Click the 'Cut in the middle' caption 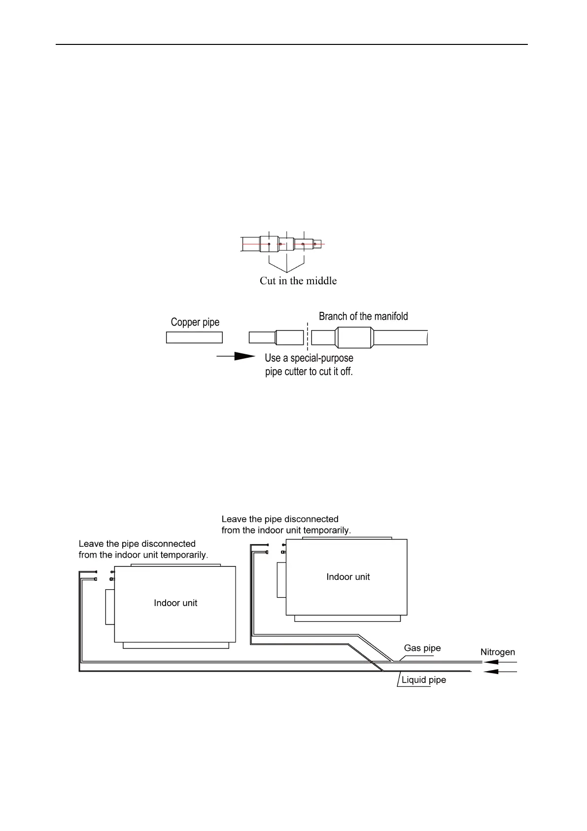coord(298,281)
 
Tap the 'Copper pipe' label coord(195,322)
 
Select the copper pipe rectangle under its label coord(194,338)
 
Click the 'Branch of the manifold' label coord(363,316)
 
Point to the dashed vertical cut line coord(308,338)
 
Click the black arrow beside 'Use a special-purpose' coord(237,356)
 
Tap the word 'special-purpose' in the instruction coord(322,358)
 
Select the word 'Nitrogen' coord(497,652)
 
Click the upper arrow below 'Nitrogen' coord(500,662)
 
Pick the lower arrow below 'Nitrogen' coord(500,672)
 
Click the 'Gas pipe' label coord(422,648)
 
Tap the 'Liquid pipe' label coord(423,680)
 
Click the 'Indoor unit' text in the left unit coord(175,603)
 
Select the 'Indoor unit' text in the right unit coord(348,577)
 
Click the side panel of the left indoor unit coord(110,607)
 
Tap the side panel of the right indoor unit coord(281,580)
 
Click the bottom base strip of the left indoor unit coord(175,645)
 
